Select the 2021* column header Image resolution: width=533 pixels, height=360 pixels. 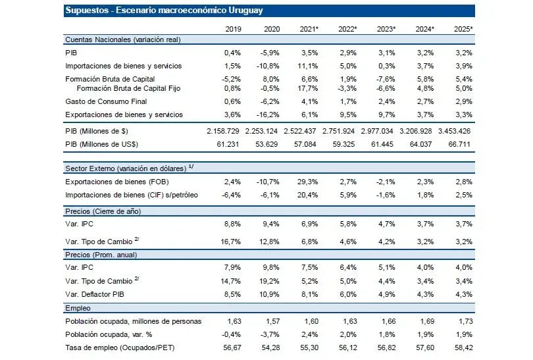pos(309,29)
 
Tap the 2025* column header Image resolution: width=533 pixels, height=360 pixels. pos(463,29)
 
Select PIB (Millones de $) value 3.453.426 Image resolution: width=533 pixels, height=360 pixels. pos(454,132)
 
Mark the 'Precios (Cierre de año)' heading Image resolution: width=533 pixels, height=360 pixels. pos(103,211)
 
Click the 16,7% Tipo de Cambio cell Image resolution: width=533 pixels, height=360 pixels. pos(230,241)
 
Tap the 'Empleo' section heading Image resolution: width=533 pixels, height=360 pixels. pos(78,307)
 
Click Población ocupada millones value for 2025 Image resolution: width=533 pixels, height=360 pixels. pos(463,322)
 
